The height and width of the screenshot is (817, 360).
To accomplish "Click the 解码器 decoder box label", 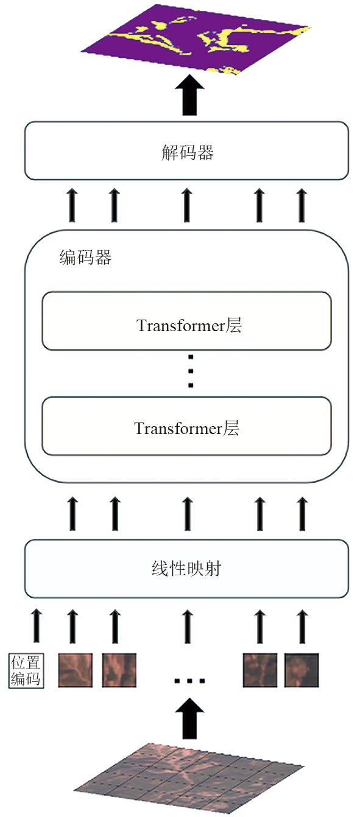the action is (x=187, y=152).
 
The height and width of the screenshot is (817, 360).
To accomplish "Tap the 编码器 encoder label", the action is (x=85, y=258).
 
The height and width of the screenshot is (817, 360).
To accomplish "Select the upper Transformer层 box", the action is (x=186, y=321).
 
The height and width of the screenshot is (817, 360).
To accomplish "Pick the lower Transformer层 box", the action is (x=186, y=426).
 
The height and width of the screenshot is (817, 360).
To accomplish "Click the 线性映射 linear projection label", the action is (x=186, y=569).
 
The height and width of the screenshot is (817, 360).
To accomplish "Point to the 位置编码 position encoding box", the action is (x=26, y=671).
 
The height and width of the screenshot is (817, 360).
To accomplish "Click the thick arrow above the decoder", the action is (x=189, y=95).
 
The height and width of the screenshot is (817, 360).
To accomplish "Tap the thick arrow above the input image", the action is (x=189, y=719).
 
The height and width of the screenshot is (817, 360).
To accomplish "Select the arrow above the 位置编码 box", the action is (x=37, y=625).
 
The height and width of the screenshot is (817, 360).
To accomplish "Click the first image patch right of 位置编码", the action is (x=76, y=670).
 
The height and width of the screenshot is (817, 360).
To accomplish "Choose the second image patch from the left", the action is (x=119, y=670).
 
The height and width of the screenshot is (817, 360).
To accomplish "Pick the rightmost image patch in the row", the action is (x=302, y=670).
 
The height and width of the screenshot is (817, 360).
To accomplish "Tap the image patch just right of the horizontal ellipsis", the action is (x=260, y=670).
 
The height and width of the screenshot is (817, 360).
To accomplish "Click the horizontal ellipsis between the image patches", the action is (x=189, y=681).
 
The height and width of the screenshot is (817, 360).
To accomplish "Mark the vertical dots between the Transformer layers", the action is (x=191, y=371).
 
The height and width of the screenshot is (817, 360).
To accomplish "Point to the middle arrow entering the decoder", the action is (x=187, y=205).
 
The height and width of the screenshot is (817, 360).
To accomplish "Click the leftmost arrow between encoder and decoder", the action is (x=72, y=205).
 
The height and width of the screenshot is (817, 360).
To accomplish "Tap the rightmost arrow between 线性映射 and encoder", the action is (x=302, y=514).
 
